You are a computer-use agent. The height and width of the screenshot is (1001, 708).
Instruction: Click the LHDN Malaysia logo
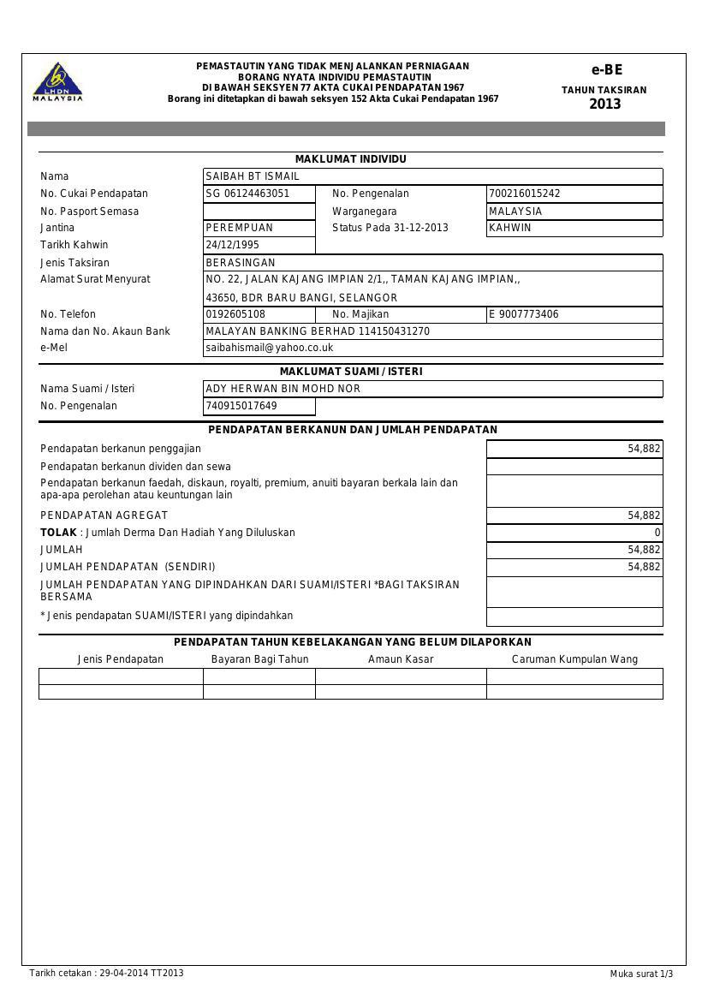(x=57, y=81)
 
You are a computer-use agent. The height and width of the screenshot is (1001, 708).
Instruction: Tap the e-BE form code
(x=606, y=70)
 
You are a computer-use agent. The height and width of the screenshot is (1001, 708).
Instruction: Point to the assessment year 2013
(x=604, y=104)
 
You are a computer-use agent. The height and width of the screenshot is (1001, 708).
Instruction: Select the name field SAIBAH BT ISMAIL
(x=253, y=176)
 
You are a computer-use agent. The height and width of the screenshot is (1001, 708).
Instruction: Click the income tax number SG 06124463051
(x=248, y=194)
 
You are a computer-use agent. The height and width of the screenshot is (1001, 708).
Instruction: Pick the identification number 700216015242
(x=525, y=194)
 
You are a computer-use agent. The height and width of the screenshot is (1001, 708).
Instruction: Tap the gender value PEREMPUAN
(x=240, y=228)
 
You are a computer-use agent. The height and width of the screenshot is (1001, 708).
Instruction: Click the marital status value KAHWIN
(x=510, y=228)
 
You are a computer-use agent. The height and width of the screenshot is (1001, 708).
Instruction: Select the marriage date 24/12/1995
(x=233, y=245)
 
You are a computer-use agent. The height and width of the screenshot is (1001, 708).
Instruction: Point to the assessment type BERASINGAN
(x=241, y=263)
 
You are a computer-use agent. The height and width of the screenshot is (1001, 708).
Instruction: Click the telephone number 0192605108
(x=235, y=314)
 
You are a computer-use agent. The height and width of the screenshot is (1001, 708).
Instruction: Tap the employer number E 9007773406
(x=524, y=314)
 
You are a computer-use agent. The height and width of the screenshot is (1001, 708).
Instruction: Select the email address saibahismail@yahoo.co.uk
(x=270, y=348)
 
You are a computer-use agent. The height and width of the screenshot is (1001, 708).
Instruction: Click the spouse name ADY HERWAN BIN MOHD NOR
(x=283, y=389)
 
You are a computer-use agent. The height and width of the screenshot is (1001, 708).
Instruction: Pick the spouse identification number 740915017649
(x=241, y=406)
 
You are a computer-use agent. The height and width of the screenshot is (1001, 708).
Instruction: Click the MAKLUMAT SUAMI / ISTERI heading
(x=351, y=372)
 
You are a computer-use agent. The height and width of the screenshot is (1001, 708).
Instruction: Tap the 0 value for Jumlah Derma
(x=657, y=533)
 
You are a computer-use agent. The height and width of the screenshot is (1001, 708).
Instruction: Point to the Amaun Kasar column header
(x=401, y=659)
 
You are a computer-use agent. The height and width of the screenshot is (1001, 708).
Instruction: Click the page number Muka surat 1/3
(x=641, y=974)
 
